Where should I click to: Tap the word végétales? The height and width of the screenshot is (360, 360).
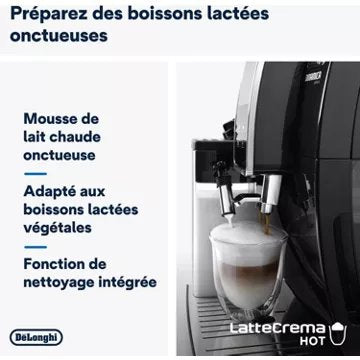[x=57, y=228]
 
